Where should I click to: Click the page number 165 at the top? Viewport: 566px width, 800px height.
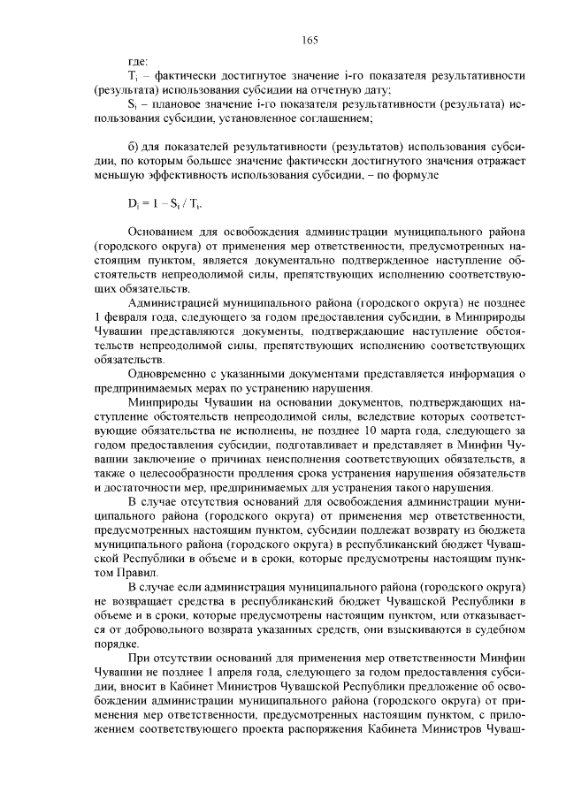tap(310, 39)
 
